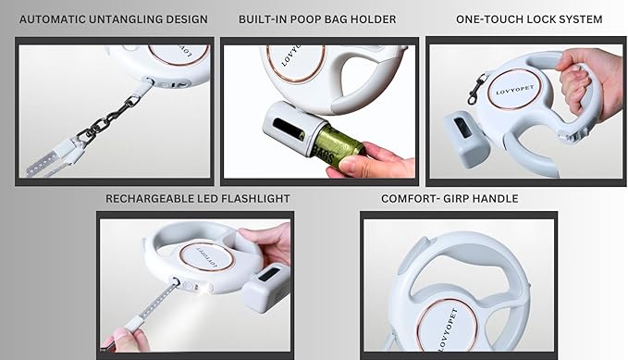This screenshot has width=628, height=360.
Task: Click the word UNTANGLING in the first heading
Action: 114,19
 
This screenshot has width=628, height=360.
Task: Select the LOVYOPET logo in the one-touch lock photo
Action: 514,90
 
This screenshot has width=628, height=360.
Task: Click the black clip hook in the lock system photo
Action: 476,89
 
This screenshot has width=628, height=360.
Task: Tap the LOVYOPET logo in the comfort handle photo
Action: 448,326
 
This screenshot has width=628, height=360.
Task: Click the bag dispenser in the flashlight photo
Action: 266,288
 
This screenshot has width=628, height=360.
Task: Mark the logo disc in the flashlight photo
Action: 206,257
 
